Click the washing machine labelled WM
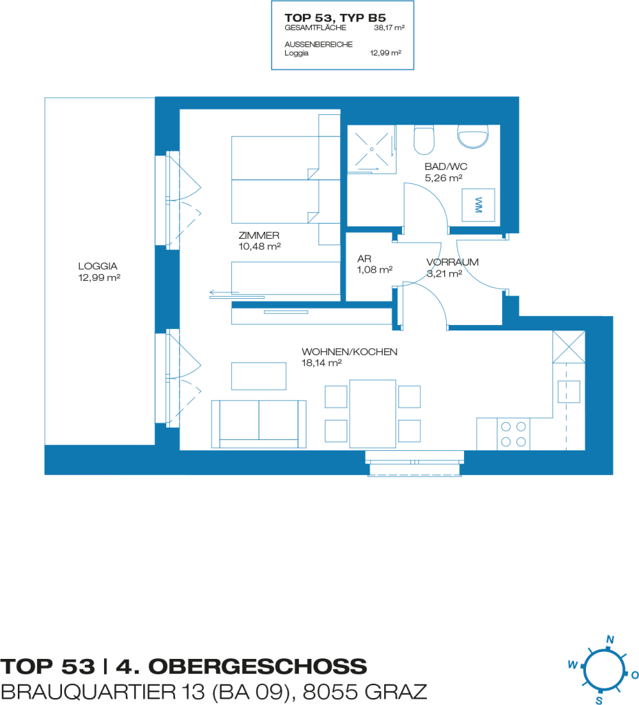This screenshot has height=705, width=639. click(x=479, y=205)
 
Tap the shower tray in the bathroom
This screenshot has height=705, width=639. click(x=371, y=149)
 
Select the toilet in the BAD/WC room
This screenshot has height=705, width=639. click(x=424, y=140)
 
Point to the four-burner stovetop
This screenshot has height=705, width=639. click(x=514, y=434)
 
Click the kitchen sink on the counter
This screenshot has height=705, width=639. click(x=569, y=392)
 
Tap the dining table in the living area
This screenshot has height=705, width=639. click(x=373, y=414)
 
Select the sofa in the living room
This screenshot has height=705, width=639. click(x=259, y=424)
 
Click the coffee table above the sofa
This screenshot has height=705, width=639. click(x=259, y=377)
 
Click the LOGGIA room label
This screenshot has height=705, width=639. click(x=98, y=266)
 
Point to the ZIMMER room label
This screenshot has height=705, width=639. click(x=259, y=235)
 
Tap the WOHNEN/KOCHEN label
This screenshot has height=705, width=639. click(x=349, y=352)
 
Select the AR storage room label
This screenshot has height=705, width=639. click(x=364, y=259)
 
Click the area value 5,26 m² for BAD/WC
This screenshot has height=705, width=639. click(x=443, y=178)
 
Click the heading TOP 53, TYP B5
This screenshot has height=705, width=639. click(x=335, y=18)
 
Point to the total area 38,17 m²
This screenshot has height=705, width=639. click(x=390, y=28)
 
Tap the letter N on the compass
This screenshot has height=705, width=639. click(x=610, y=640)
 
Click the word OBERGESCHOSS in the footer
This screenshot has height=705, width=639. click(x=258, y=666)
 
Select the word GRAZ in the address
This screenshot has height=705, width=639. click(x=396, y=692)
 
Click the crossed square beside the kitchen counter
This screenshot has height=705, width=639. click(x=569, y=347)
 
